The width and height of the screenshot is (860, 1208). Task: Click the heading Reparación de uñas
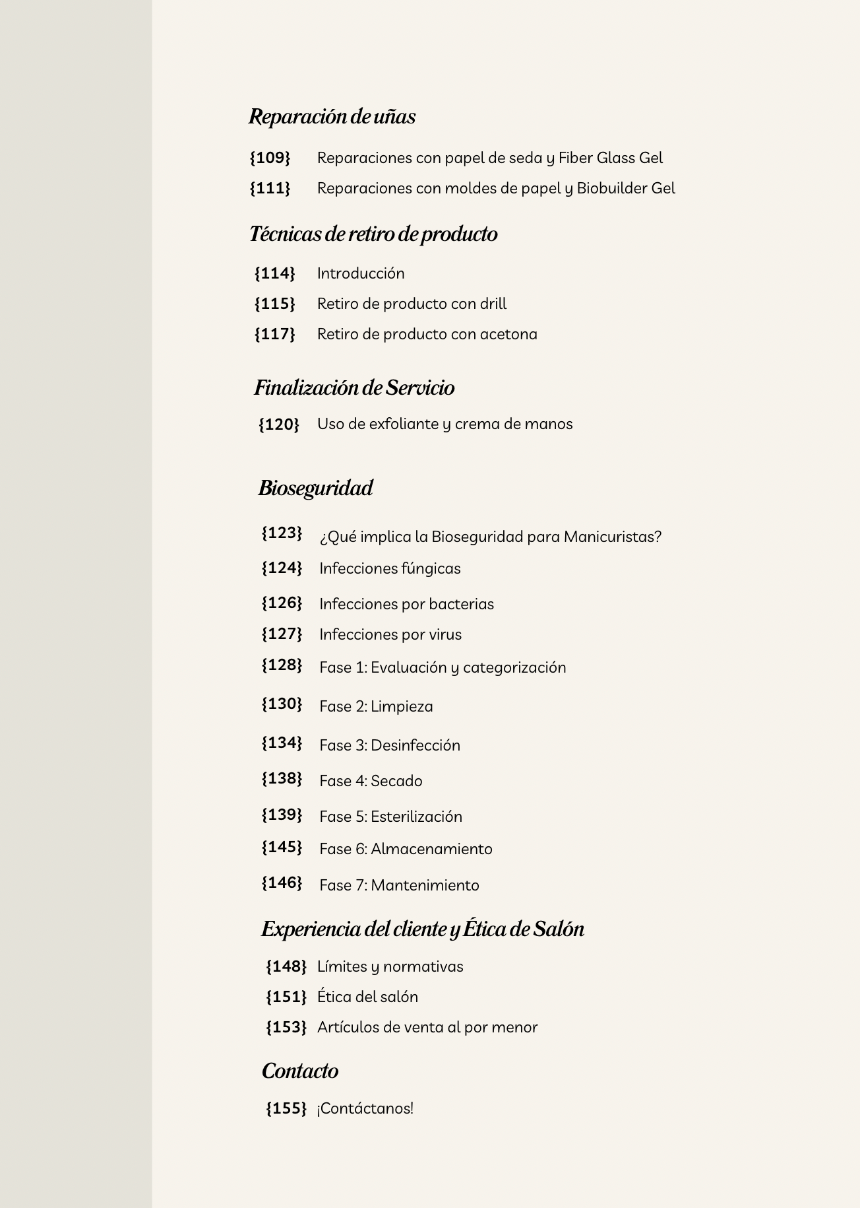[332, 117]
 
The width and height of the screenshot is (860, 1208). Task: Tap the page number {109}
[270, 158]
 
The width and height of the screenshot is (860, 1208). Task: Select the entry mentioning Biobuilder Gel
[496, 188]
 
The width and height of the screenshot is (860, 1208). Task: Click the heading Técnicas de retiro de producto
[373, 234]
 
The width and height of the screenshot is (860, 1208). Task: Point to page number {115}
[274, 304]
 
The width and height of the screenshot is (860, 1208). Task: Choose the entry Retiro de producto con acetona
[427, 334]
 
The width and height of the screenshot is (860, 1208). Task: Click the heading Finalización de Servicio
[354, 387]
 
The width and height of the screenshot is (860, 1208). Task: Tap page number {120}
[278, 424]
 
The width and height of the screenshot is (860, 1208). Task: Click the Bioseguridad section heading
[315, 488]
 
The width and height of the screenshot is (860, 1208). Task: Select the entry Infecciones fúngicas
[390, 568]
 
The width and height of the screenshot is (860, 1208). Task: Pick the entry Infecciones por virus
[390, 634]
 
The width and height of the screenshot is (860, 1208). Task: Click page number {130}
[282, 704]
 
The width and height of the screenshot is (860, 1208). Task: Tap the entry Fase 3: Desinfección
[390, 745]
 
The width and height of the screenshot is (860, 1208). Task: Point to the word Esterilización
[416, 817]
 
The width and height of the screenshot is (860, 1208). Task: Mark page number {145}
[282, 847]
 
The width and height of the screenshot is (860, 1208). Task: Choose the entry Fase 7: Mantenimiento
[399, 885]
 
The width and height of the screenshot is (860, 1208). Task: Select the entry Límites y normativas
[390, 966]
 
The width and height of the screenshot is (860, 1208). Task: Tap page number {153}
[286, 1027]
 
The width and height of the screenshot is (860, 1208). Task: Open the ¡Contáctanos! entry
[365, 1108]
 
